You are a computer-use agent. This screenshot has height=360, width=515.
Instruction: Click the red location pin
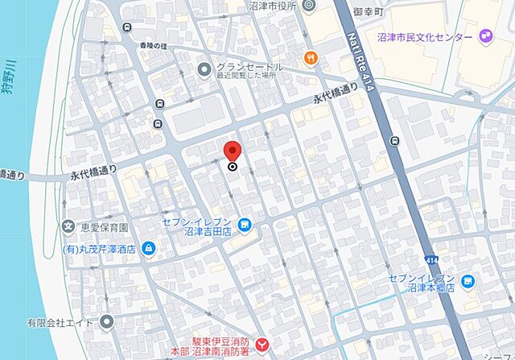tap(233, 151)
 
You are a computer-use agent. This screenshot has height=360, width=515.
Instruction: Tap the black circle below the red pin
tap(233, 168)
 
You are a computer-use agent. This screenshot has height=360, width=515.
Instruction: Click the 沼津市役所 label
tap(274, 6)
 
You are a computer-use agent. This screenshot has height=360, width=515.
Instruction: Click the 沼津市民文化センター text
tap(426, 37)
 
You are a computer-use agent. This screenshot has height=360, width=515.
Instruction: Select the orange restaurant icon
tap(310, 57)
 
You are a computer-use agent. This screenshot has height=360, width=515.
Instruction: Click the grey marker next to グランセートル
tap(204, 70)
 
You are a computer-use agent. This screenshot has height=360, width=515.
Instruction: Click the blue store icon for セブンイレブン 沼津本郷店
tap(468, 281)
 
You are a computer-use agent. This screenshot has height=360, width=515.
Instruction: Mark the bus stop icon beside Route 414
tap(393, 142)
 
